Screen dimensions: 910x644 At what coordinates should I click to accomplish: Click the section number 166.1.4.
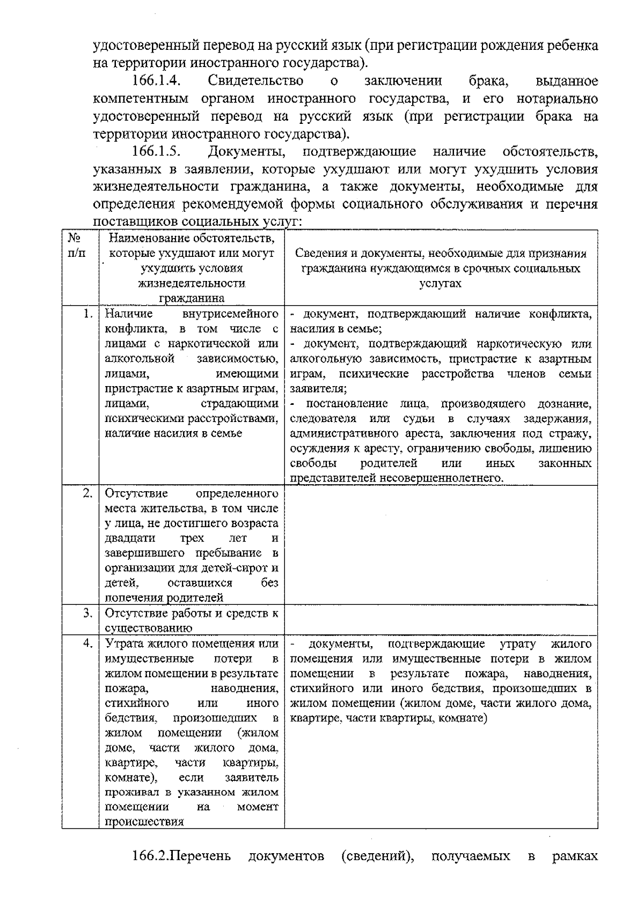point(155,82)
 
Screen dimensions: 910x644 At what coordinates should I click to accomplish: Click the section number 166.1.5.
point(155,152)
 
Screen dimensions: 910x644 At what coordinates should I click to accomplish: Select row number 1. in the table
point(89,314)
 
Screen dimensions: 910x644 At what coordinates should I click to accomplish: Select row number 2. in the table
point(89,493)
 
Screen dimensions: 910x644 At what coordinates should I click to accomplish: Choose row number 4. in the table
point(89,643)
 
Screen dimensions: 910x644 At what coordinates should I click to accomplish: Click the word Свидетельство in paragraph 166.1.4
point(255,82)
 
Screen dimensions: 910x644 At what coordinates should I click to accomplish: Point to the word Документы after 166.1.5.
point(250,152)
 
